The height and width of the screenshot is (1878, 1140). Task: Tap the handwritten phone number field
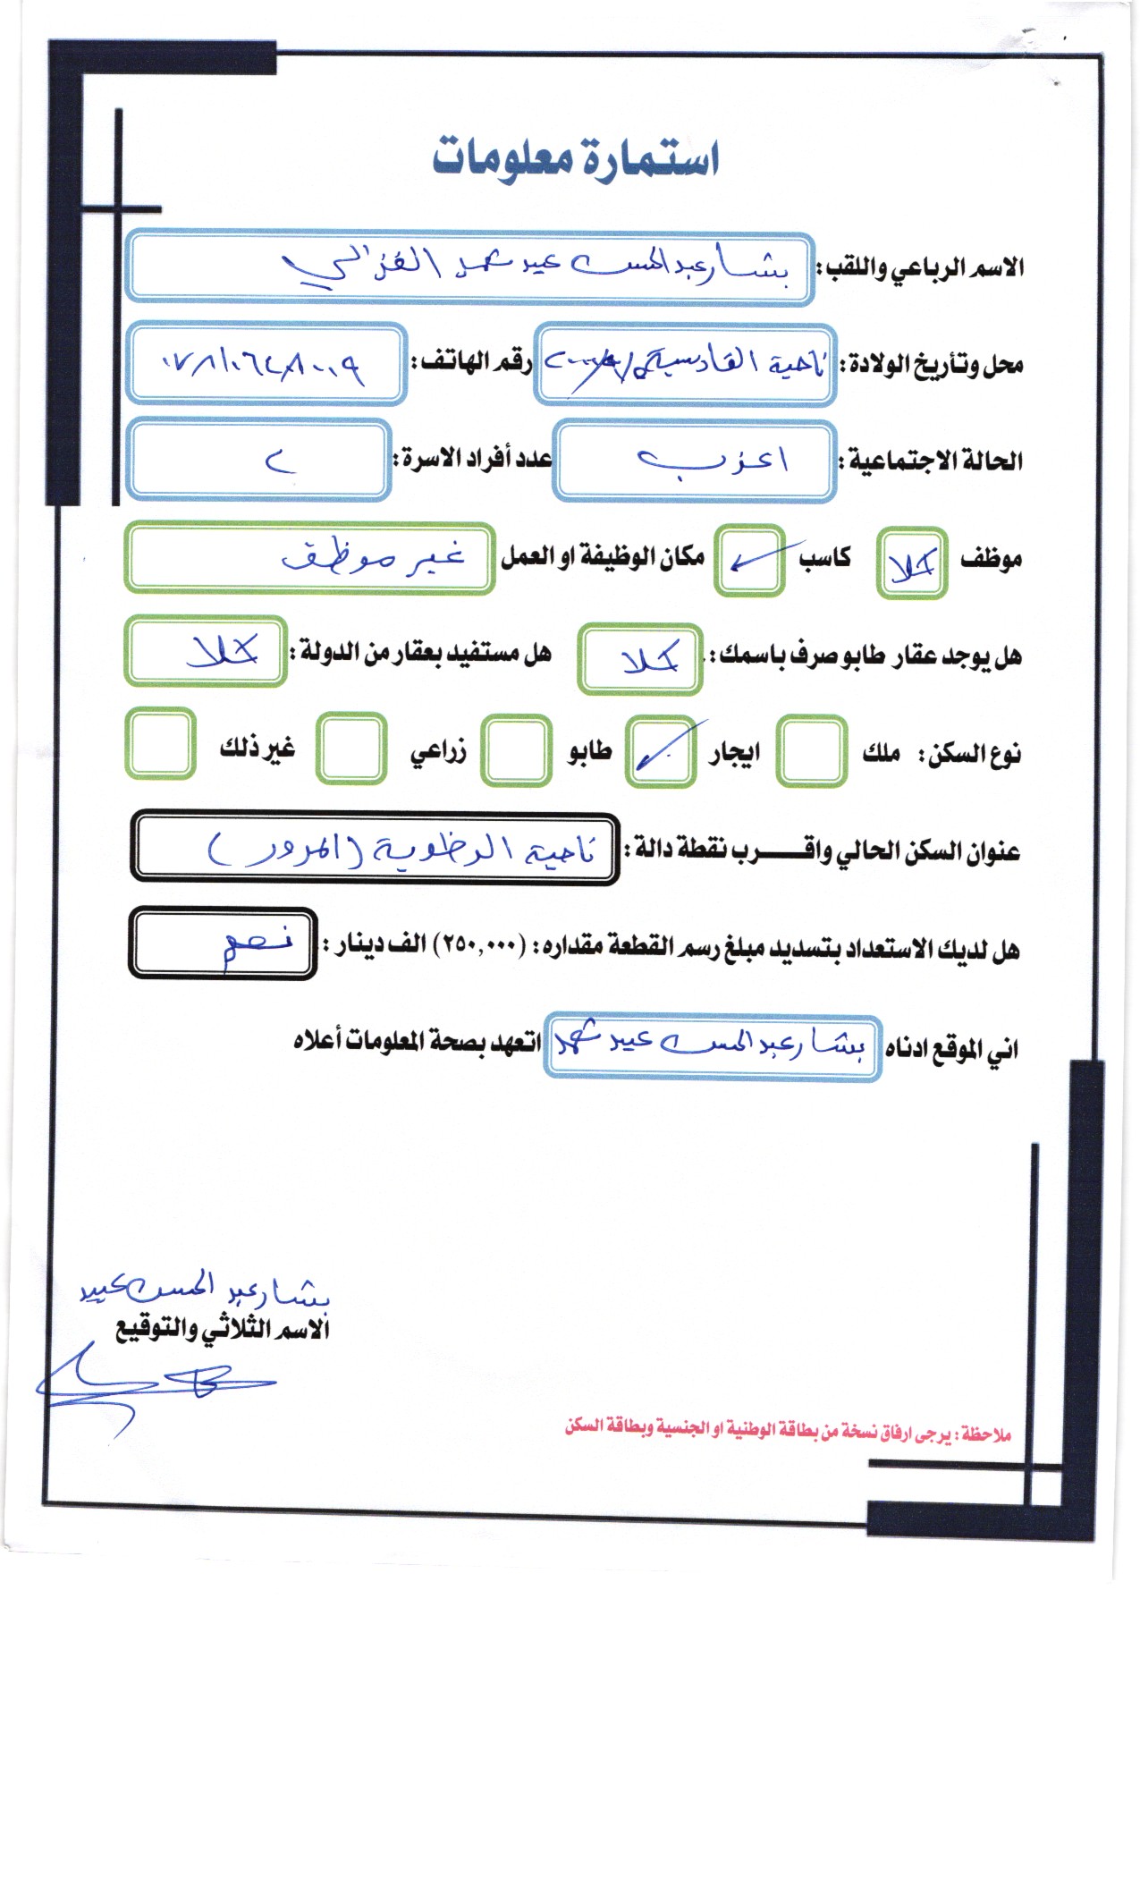tap(266, 364)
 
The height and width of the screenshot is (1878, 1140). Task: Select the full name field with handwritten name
tap(469, 267)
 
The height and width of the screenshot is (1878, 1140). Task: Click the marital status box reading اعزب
tap(694, 461)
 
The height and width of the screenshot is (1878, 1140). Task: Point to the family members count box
tap(258, 461)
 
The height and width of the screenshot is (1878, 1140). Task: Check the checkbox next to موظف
tap(911, 563)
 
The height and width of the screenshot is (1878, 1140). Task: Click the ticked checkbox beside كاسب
tap(749, 562)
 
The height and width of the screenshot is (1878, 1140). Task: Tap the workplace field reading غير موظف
tap(308, 558)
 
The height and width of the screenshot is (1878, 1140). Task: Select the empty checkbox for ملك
tap(811, 751)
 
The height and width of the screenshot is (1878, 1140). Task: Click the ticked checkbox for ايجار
tap(661, 751)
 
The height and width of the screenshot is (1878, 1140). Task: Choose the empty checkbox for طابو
tap(516, 749)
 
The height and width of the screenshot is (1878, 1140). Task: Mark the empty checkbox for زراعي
tap(353, 749)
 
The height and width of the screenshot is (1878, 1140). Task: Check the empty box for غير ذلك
tap(161, 744)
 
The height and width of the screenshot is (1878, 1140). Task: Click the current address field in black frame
tap(375, 849)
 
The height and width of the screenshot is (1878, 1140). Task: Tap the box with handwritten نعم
tap(223, 943)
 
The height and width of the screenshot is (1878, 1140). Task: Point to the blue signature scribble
tap(152, 1384)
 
